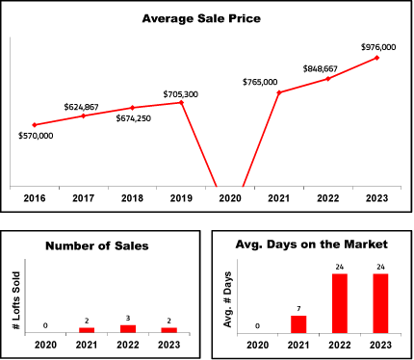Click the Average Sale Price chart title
tap(201, 18)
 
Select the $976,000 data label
tap(378, 47)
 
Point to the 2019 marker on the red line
tap(181, 103)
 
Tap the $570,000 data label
tap(36, 136)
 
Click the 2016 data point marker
tap(35, 125)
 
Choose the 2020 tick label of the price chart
tap(230, 198)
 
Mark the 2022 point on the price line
tap(328, 79)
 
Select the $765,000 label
tap(260, 82)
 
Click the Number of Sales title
tap(97, 245)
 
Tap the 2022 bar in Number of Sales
tap(128, 329)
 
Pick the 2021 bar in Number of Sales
tap(87, 330)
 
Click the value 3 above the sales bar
tap(128, 319)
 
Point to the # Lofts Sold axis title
tap(16, 300)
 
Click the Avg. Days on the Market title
tap(311, 244)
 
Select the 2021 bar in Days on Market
tap(298, 324)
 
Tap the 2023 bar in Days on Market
tap(380, 303)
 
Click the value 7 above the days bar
tap(298, 309)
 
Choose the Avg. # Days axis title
tap(227, 299)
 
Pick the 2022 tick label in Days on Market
tap(340, 345)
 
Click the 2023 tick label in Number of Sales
tap(169, 345)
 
